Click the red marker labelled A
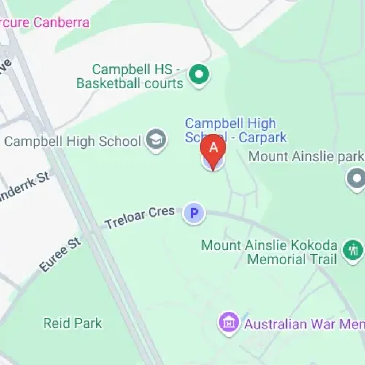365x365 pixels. point(213,148)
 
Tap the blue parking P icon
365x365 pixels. point(193,213)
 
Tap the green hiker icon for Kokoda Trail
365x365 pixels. point(353,251)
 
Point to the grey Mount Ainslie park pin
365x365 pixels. point(356,177)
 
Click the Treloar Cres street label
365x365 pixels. point(140,216)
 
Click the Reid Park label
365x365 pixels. point(72,323)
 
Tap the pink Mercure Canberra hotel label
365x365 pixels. point(44,22)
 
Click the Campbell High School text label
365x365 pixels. point(73,140)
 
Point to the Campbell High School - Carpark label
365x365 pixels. point(235,130)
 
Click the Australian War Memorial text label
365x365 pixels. point(303,323)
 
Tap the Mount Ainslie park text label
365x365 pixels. point(305,156)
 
